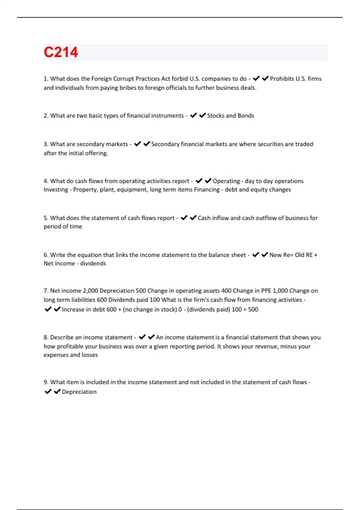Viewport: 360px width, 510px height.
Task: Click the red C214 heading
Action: coord(61,52)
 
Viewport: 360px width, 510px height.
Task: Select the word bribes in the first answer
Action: coord(128,88)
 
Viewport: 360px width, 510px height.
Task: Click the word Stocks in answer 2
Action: coord(215,115)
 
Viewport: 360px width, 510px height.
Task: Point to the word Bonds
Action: coord(246,115)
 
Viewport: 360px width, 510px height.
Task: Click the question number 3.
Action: coord(46,144)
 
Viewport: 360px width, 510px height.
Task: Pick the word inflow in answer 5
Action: coord(220,218)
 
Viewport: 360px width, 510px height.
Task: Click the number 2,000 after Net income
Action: coord(90,291)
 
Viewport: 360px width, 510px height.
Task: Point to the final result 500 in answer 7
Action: coord(253,309)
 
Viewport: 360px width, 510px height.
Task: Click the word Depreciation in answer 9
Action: coord(79,392)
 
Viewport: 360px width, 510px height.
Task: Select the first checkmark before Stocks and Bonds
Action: coord(193,115)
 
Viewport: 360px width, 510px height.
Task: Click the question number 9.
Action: coord(46,382)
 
